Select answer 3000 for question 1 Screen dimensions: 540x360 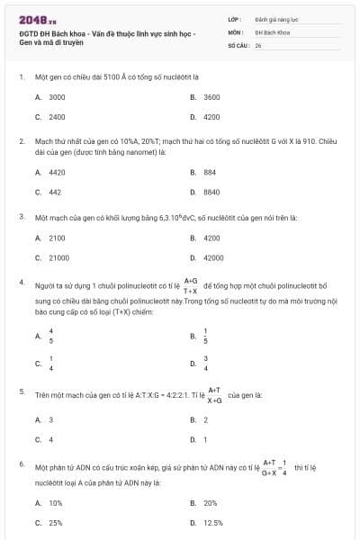(57, 96)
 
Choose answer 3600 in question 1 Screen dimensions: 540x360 (211, 96)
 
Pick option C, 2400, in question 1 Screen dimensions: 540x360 (57, 117)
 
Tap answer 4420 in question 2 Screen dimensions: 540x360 (57, 171)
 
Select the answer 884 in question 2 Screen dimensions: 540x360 (210, 171)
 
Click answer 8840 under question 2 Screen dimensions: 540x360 (211, 192)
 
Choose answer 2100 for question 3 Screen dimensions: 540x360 (57, 238)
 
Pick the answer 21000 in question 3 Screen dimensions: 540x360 (58, 258)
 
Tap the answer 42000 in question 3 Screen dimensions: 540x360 (213, 258)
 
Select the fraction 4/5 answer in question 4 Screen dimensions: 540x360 (51, 336)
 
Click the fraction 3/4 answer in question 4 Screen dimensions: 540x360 (206, 364)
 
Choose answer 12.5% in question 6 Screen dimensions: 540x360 (213, 522)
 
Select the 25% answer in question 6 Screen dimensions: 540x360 (56, 522)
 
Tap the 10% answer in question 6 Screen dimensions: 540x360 (56, 503)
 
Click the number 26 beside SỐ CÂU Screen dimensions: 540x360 (258, 44)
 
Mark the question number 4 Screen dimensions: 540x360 (21, 283)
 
